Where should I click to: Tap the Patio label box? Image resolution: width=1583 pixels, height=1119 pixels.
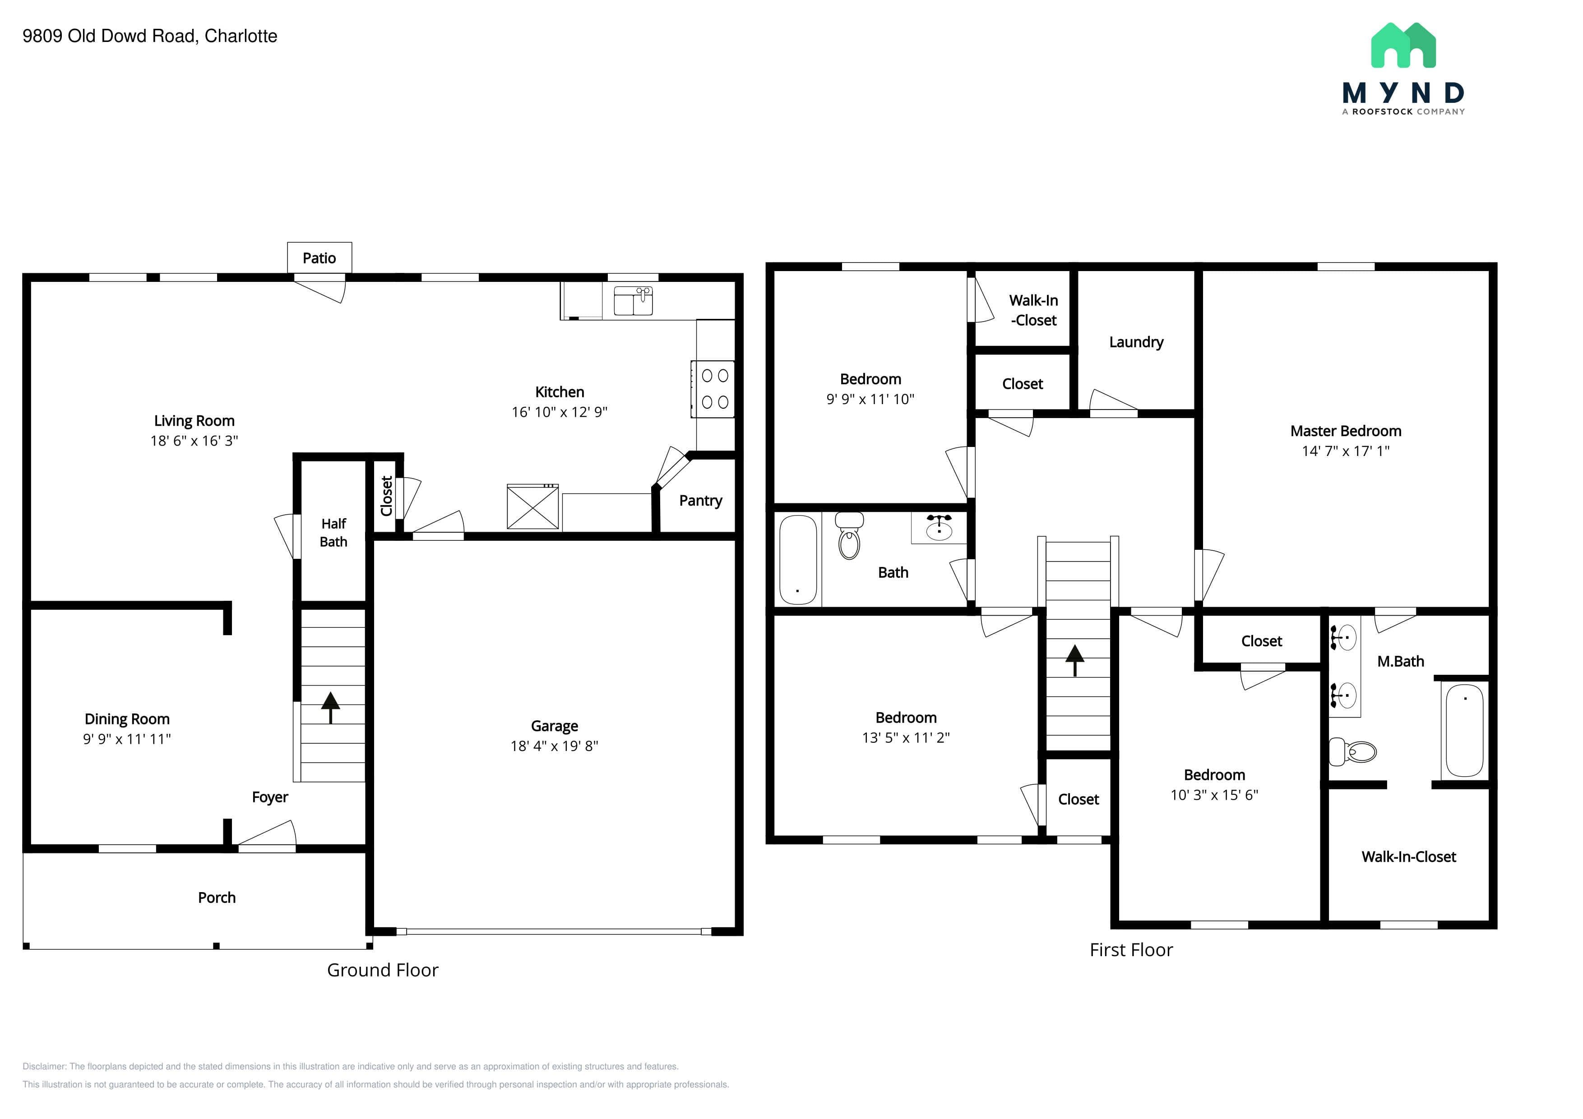pos(319,258)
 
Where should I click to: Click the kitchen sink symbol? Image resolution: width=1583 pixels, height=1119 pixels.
pos(633,301)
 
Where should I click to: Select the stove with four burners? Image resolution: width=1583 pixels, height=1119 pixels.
pos(713,389)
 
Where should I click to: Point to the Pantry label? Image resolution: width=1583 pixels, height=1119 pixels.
pos(700,501)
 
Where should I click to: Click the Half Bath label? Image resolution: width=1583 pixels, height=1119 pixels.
pos(333,533)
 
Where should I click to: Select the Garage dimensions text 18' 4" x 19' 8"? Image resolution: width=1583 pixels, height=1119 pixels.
pos(554,746)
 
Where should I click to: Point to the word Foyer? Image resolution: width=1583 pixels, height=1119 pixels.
pos(269,797)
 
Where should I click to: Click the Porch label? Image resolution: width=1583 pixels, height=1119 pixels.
pos(217,898)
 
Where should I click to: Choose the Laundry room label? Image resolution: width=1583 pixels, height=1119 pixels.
pos(1136,342)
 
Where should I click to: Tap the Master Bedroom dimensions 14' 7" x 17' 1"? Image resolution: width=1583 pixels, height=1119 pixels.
pos(1345,451)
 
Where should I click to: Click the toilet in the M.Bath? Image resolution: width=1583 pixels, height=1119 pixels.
pos(1352,752)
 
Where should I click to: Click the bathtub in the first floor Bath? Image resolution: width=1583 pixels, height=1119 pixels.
pos(798,559)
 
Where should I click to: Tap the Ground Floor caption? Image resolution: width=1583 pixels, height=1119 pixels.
pos(383,970)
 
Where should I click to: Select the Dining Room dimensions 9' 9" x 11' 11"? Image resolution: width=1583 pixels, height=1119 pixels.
pos(127,739)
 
